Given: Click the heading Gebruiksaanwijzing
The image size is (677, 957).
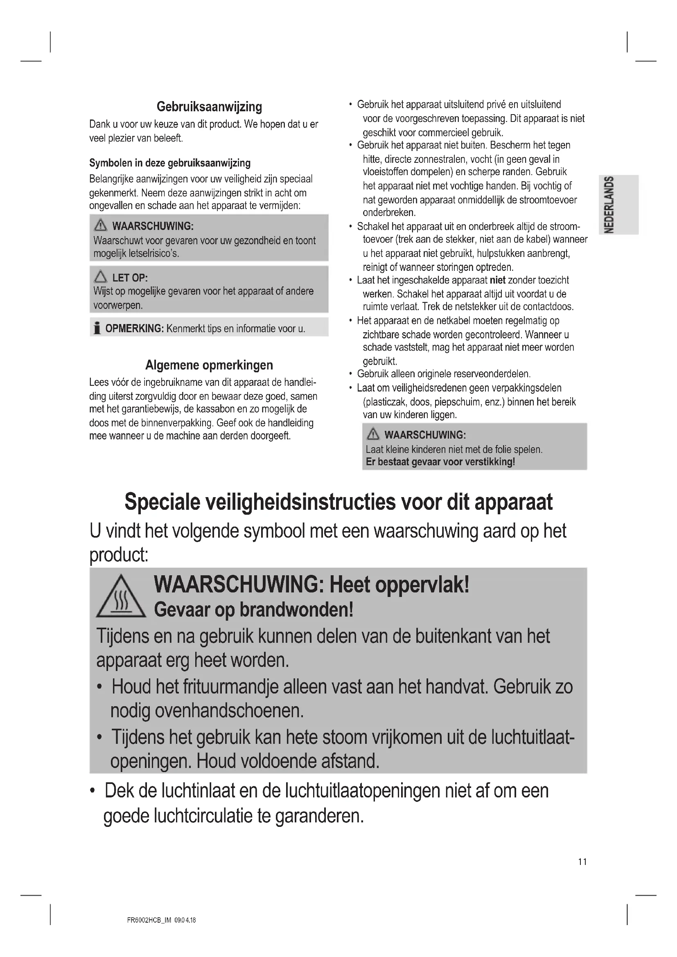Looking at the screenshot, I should (x=209, y=107).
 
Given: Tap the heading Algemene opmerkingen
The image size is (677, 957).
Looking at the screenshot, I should (x=209, y=365).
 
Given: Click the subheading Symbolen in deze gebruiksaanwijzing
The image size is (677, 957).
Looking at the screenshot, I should (x=170, y=163).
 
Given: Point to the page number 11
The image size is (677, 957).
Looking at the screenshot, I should (x=582, y=862).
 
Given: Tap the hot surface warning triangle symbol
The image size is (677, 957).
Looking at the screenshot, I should (x=121, y=597).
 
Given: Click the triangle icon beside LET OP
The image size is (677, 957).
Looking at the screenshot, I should (x=100, y=277).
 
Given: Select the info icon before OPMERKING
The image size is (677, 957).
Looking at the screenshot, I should (x=97, y=329).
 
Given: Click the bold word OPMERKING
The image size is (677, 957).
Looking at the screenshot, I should (x=134, y=329).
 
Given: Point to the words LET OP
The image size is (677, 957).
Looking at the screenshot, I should (x=130, y=277).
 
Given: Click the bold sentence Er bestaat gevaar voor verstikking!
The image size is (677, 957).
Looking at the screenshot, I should (x=440, y=462).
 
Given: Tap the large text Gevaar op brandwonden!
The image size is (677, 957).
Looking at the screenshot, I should (x=253, y=610).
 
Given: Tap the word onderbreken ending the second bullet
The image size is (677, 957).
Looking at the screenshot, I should (x=389, y=213).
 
